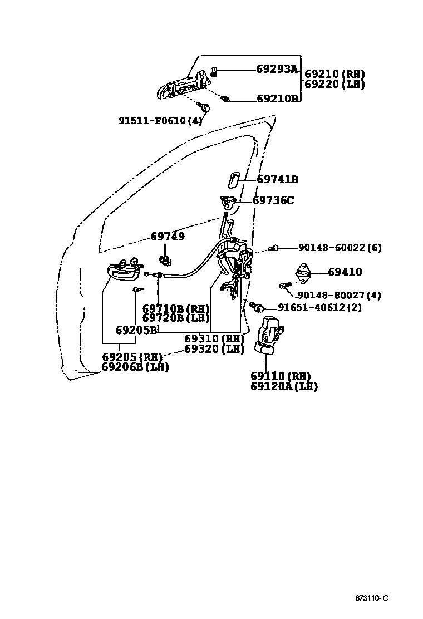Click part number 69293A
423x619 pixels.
pyautogui.click(x=277, y=70)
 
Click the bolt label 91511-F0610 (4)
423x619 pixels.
pyautogui.click(x=160, y=120)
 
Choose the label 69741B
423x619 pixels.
pyautogui.click(x=277, y=179)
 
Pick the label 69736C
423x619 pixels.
pyautogui.click(x=273, y=200)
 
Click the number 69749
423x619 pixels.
pyautogui.click(x=168, y=237)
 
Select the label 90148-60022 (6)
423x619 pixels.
pyautogui.click(x=340, y=248)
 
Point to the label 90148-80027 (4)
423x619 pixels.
pyautogui.click(x=339, y=296)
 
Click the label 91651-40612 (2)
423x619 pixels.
pyautogui.click(x=319, y=307)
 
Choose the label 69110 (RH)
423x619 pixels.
pyautogui.click(x=281, y=376)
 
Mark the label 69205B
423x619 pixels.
pyautogui.click(x=136, y=330)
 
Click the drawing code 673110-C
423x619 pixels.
pyautogui.click(x=371, y=598)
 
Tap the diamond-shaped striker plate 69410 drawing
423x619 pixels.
pyautogui.click(x=303, y=271)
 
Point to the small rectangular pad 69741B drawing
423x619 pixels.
pyautogui.click(x=233, y=180)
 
